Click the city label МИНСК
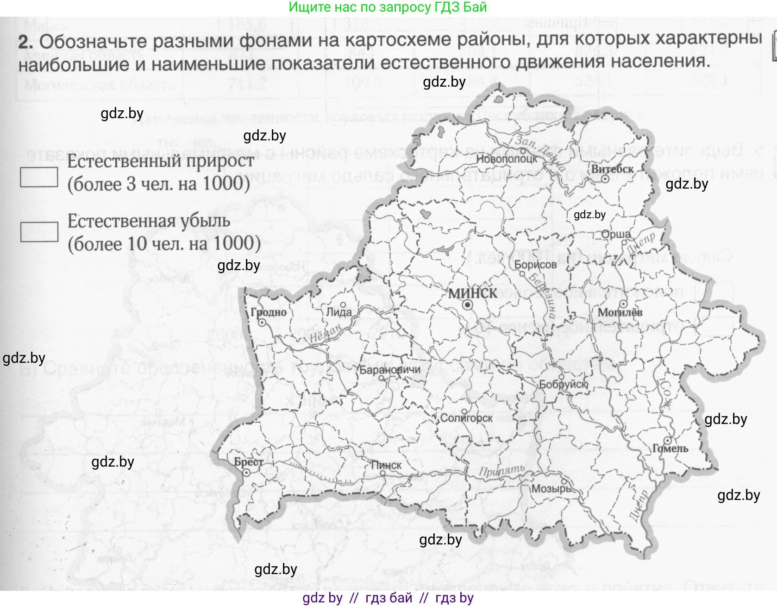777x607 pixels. (x=472, y=293)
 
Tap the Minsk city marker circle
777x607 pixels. (x=467, y=305)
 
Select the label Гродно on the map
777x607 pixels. (x=269, y=312)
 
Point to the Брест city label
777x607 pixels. (x=249, y=462)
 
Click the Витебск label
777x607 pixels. (x=612, y=169)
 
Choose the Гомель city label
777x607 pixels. (x=670, y=449)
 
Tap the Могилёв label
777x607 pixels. (x=620, y=312)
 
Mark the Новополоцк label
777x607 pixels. (x=507, y=159)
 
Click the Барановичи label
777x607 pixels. (x=390, y=369)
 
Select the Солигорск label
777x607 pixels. (x=466, y=418)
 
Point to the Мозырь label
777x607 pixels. (x=551, y=489)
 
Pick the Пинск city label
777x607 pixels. (x=386, y=465)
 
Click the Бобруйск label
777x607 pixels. (x=563, y=384)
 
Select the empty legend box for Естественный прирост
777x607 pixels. (x=39, y=177)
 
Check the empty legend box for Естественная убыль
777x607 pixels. (x=39, y=232)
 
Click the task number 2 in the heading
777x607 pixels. (x=26, y=42)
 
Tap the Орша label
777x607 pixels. (x=616, y=234)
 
